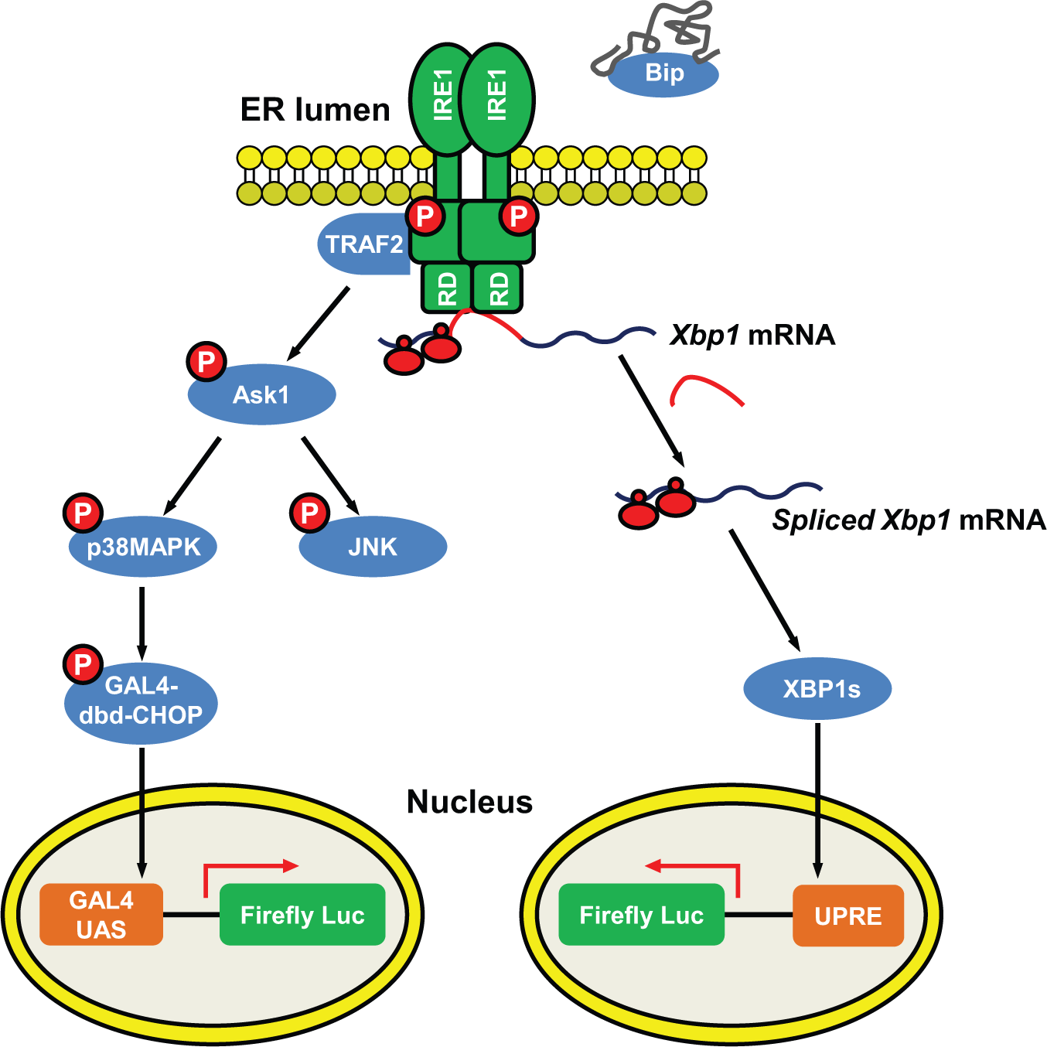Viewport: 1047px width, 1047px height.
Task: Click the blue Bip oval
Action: pyautogui.click(x=663, y=74)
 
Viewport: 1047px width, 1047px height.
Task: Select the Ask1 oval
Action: pyautogui.click(x=261, y=394)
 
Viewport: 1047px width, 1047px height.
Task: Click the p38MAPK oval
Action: pyautogui.click(x=143, y=546)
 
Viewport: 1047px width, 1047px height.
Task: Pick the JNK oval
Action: pyautogui.click(x=373, y=546)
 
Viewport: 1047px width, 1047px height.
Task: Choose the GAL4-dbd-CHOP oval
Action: pyautogui.click(x=141, y=703)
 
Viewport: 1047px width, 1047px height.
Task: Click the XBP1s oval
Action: pyautogui.click(x=817, y=689)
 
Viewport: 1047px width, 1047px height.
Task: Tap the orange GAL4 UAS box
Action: pyautogui.click(x=101, y=915)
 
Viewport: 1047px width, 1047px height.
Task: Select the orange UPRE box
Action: pyautogui.click(x=848, y=916)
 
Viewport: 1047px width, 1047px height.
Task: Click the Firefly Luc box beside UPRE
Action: pyautogui.click(x=641, y=915)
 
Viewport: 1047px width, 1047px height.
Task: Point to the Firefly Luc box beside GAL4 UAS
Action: pyautogui.click(x=302, y=915)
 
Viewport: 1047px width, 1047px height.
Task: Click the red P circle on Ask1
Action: pyautogui.click(x=206, y=361)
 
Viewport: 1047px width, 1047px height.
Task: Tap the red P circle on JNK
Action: pyautogui.click(x=309, y=513)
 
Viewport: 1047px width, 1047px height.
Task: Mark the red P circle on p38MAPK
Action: pyautogui.click(x=84, y=513)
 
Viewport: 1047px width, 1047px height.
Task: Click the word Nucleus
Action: pyautogui.click(x=469, y=802)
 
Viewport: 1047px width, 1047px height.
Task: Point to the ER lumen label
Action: pyautogui.click(x=315, y=110)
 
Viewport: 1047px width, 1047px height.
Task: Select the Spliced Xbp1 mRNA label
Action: pyautogui.click(x=909, y=520)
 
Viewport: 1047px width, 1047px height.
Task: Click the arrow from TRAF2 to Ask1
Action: pyautogui.click(x=318, y=323)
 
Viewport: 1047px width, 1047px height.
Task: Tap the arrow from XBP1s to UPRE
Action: pyautogui.click(x=817, y=800)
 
